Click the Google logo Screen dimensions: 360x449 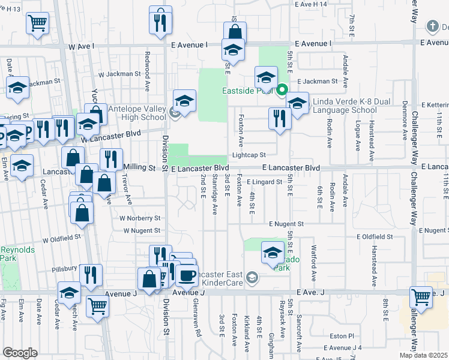20,352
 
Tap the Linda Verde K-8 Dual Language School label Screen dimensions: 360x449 345,106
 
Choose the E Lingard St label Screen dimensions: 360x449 264,182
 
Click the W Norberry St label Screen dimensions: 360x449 140,218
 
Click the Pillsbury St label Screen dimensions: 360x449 65,268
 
